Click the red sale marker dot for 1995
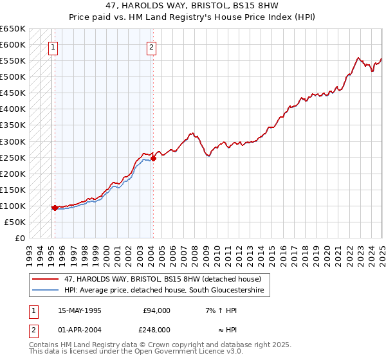pos(55,208)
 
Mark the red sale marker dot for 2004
pos(153,158)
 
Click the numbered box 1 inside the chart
pos(52,46)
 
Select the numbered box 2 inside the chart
pos(151,46)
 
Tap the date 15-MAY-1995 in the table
pos(80,310)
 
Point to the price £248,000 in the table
pos(156,329)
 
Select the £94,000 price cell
pos(156,310)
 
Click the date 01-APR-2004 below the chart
pos(80,329)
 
